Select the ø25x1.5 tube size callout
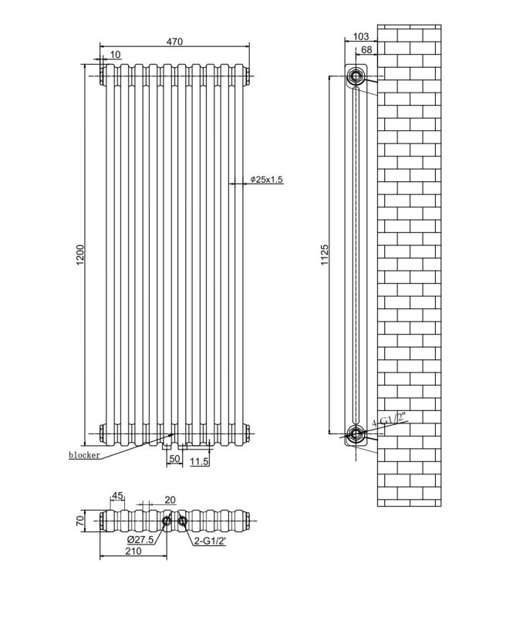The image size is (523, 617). pyautogui.click(x=267, y=180)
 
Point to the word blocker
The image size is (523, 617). pyautogui.click(x=84, y=455)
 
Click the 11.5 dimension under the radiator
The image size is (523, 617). pyautogui.click(x=200, y=461)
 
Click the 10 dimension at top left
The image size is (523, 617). pyautogui.click(x=115, y=54)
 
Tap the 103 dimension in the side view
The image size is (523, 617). pyautogui.click(x=359, y=36)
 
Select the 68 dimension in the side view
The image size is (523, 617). pyautogui.click(x=367, y=50)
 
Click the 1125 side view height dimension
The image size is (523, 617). pyautogui.click(x=325, y=255)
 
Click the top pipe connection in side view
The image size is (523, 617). pyautogui.click(x=356, y=76)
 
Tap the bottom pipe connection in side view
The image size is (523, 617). pyautogui.click(x=356, y=433)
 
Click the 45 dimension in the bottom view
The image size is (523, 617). pyautogui.click(x=118, y=496)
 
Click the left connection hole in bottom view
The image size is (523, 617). pyautogui.click(x=167, y=522)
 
